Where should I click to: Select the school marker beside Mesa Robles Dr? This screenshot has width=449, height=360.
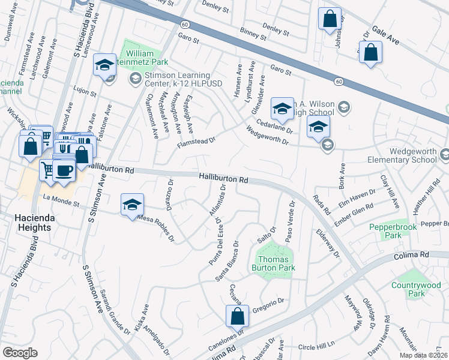pos(132,205)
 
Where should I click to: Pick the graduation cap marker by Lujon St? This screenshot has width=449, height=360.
pos(105,65)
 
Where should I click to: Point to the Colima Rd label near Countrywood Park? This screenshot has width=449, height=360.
pos(412,255)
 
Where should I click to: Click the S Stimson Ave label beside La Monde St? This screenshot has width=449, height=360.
pos(93,200)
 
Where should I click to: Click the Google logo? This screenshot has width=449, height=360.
pos(20,353)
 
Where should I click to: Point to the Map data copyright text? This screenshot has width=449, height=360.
pos(423,355)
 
